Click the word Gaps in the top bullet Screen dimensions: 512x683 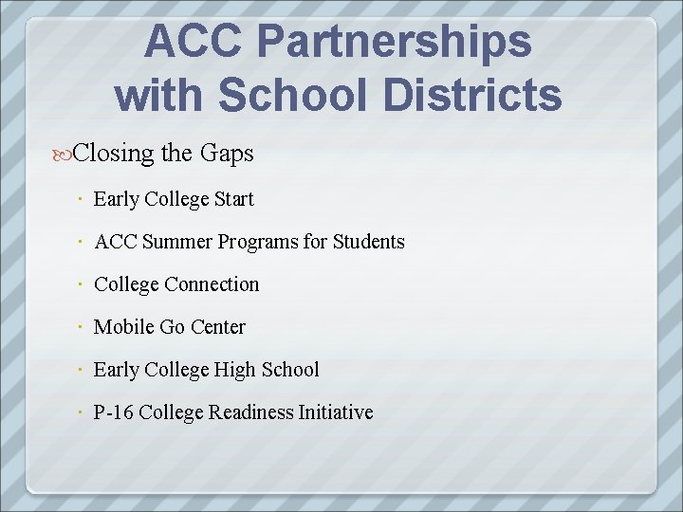pyautogui.click(x=228, y=153)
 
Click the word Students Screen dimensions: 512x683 pyautogui.click(x=369, y=242)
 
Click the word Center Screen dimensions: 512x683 pyautogui.click(x=217, y=327)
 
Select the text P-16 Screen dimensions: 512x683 pyautogui.click(x=114, y=412)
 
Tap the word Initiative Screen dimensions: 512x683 pyautogui.click(x=336, y=412)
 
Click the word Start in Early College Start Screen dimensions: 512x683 pyautogui.click(x=233, y=199)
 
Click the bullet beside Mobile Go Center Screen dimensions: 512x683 pyautogui.click(x=83, y=327)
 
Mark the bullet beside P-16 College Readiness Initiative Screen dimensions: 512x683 pyautogui.click(x=83, y=412)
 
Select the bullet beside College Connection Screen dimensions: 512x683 pyautogui.click(x=83, y=284)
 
